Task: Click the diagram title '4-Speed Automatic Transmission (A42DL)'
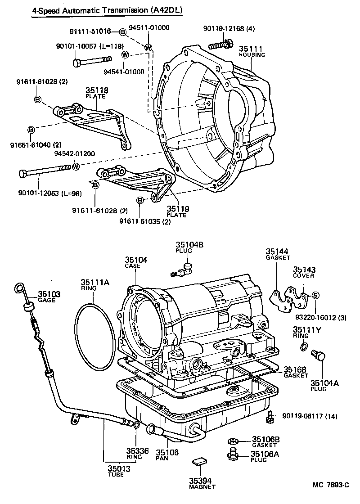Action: pos(108,9)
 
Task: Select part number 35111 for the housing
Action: pos(250,49)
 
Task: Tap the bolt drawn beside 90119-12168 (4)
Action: pos(221,45)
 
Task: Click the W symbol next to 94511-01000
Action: pos(148,47)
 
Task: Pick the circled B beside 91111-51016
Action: pos(123,31)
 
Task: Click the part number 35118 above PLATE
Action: pos(97,90)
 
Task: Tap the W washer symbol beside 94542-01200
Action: pos(76,166)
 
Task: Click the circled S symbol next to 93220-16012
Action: pos(315,295)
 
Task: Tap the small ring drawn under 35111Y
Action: pos(304,346)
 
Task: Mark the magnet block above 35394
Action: pos(198,460)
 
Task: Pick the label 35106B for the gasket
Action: pos(266,439)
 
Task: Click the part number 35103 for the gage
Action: pos(49,294)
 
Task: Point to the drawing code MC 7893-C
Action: pos(331,485)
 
